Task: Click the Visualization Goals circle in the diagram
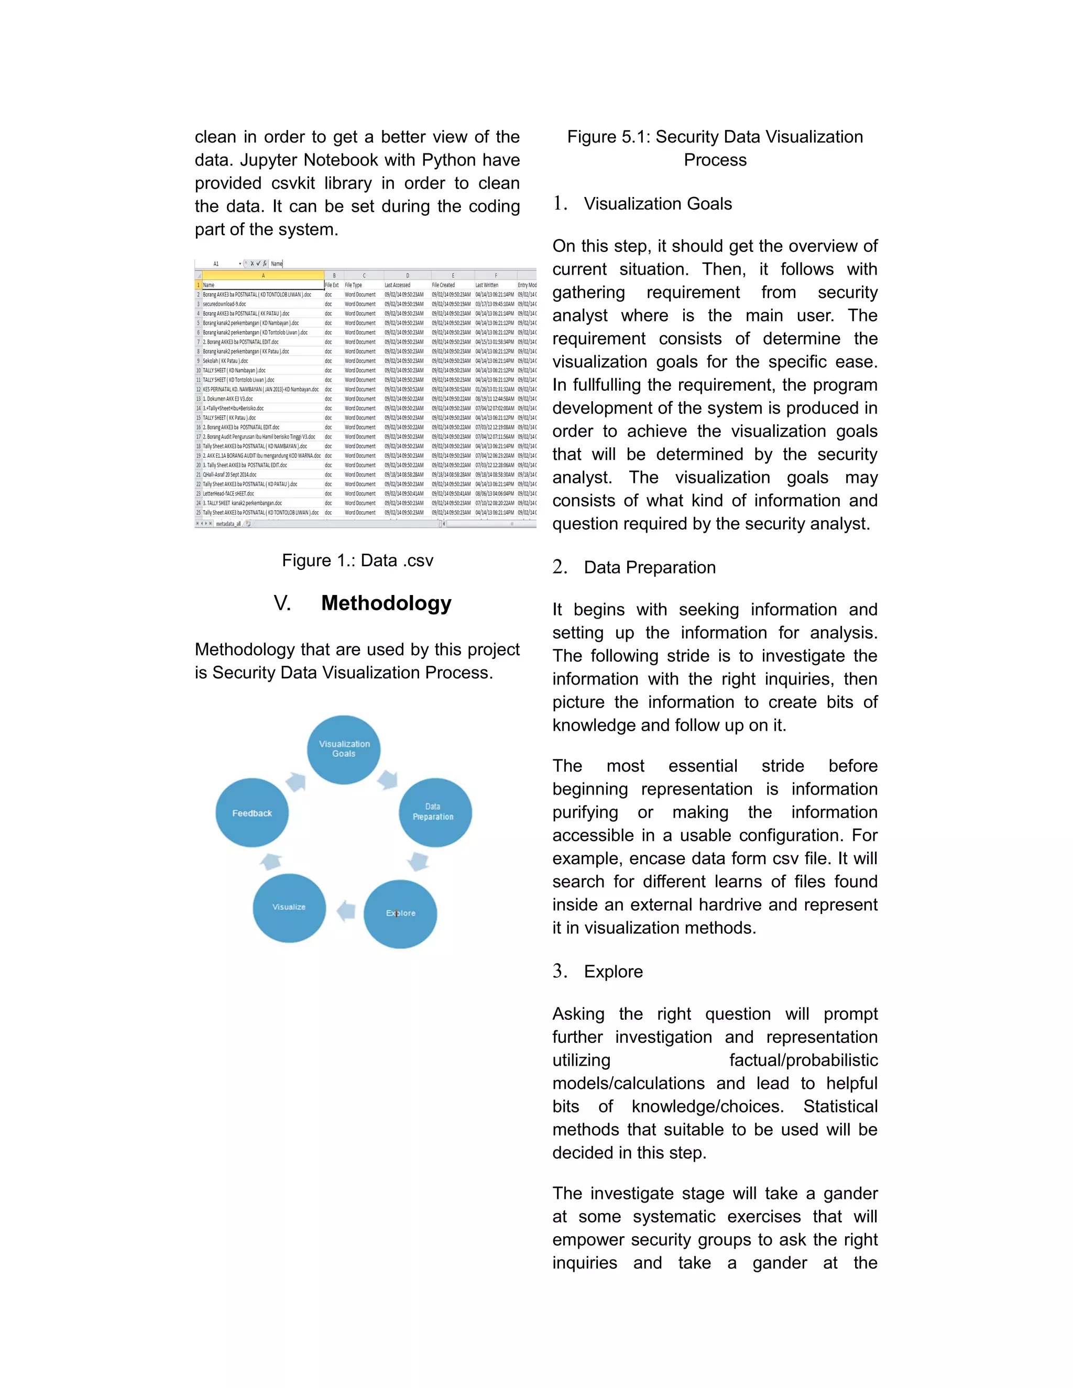pyautogui.click(x=343, y=750)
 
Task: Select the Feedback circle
pyautogui.click(x=251, y=813)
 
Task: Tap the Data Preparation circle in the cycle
pyautogui.click(x=435, y=812)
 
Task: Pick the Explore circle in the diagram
pyautogui.click(x=400, y=913)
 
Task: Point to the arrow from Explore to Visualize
pyautogui.click(x=345, y=911)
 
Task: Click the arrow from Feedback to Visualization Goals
pyautogui.click(x=295, y=781)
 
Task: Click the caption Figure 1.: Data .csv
pyautogui.click(x=357, y=560)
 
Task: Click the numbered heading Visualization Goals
pyautogui.click(x=658, y=203)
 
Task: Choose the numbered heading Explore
pyautogui.click(x=613, y=971)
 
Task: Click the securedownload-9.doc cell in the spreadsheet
pyautogui.click(x=224, y=304)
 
